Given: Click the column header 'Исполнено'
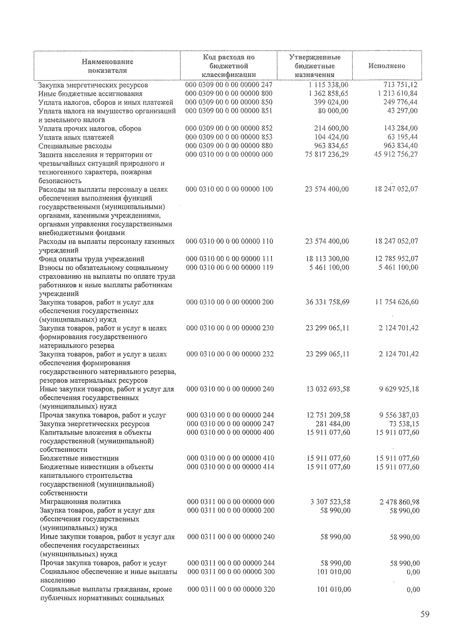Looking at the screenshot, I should point(386,66).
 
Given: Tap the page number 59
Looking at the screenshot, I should point(425,614).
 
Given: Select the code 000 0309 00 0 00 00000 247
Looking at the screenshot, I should point(229,85).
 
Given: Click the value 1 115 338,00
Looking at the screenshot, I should point(327,85).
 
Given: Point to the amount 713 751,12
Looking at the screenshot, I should point(400,85).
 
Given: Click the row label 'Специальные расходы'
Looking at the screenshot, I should point(75,146).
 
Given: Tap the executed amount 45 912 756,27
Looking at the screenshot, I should point(396,154).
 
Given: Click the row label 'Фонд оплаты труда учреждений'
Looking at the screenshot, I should point(92,259).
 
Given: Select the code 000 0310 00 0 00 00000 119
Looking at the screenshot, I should point(230,268).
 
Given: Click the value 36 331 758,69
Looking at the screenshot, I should point(327,302).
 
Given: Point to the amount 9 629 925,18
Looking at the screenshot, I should point(399,389).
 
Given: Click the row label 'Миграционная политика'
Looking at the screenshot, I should point(80,502).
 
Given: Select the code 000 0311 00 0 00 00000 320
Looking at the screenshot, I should point(231,589).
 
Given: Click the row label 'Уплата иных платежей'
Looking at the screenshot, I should point(76,137).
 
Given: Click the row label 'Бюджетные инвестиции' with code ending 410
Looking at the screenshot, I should point(79,459).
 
